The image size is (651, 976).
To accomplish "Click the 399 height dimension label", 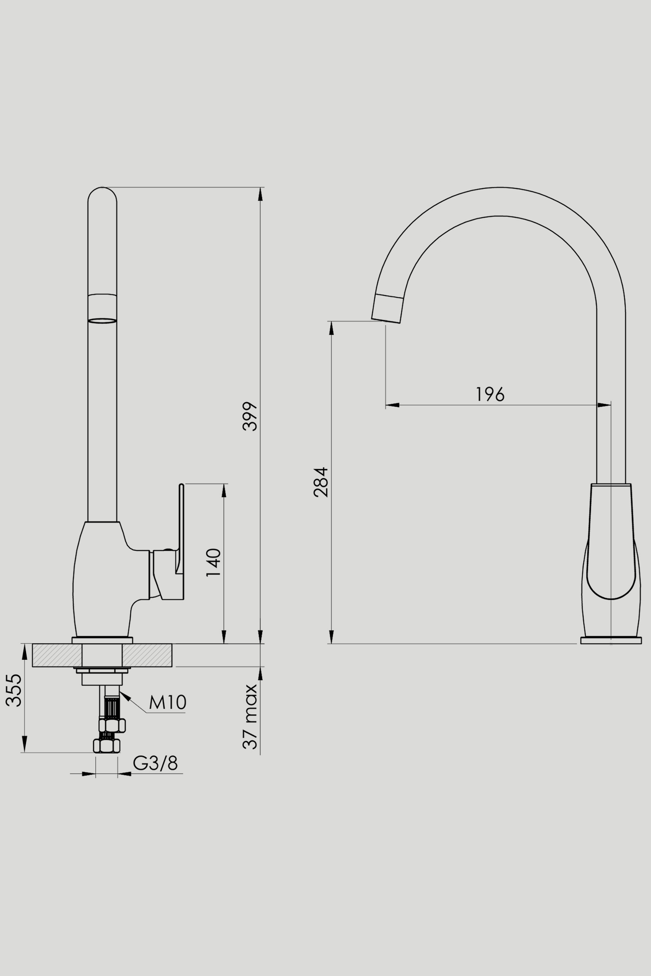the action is [250, 416].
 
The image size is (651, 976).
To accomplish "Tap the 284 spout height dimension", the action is [321, 482].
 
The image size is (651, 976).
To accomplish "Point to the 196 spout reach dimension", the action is [490, 394].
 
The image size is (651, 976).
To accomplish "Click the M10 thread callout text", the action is [168, 702].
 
